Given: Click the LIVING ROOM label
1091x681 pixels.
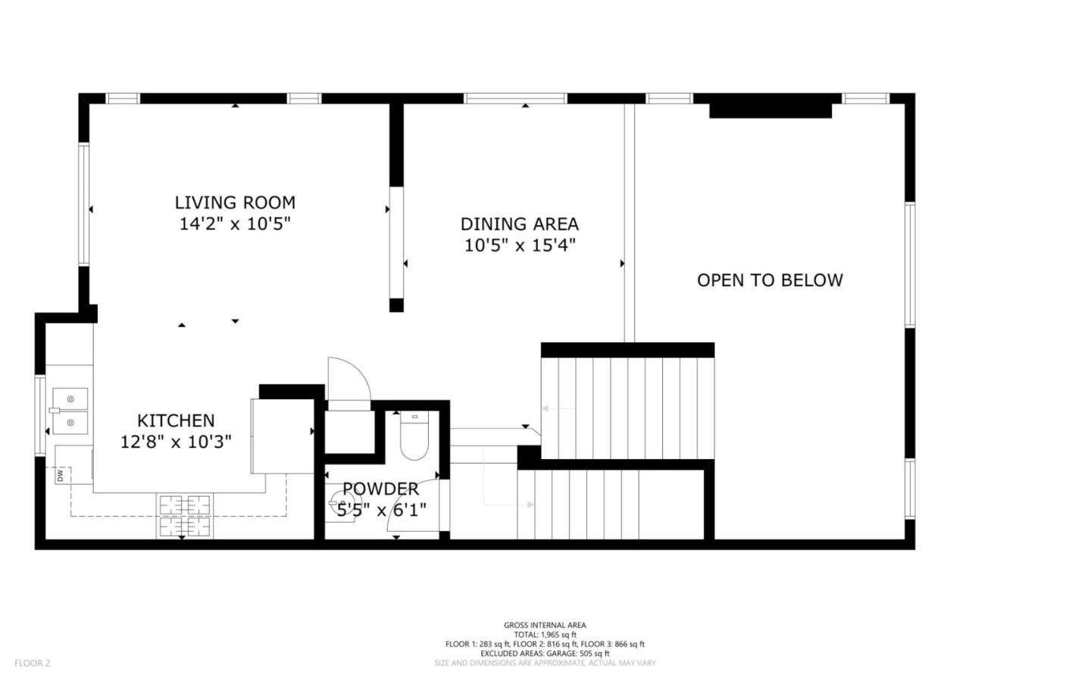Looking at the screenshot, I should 235,202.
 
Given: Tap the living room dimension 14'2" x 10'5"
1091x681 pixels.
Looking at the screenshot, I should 235,224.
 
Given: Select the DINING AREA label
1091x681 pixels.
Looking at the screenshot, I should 519,224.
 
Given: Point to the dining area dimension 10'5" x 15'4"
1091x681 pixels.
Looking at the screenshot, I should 519,245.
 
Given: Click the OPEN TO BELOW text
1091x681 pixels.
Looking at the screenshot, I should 769,280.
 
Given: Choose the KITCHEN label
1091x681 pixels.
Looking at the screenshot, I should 176,420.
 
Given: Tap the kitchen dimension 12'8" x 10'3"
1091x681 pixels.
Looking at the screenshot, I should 176,442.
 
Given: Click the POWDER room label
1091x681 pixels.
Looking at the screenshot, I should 380,489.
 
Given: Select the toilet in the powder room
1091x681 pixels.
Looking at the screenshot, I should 414,438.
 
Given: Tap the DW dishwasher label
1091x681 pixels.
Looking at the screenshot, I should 60,476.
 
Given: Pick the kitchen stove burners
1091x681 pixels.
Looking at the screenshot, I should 184,515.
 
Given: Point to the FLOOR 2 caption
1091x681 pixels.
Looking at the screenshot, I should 33,663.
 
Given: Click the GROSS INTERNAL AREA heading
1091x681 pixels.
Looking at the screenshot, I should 545,625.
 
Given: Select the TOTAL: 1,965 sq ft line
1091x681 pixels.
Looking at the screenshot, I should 545,635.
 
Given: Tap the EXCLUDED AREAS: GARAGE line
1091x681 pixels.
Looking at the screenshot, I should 545,653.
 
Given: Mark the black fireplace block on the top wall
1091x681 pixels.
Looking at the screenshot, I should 770,111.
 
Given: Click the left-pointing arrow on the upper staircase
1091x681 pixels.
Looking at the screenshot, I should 557,409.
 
